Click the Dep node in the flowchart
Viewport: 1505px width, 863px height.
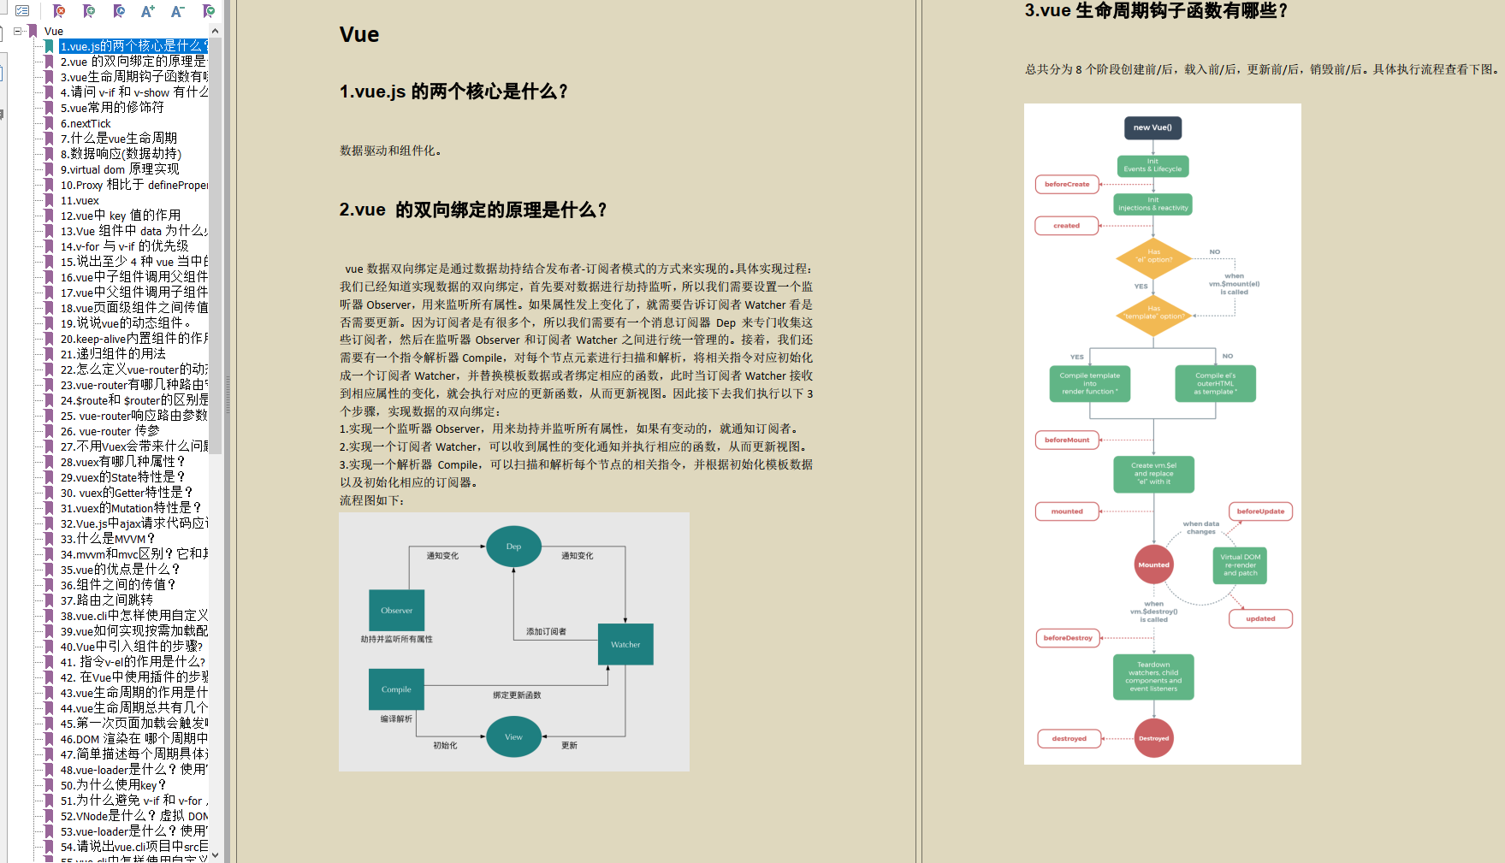click(x=513, y=547)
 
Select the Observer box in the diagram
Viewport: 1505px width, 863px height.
click(x=396, y=611)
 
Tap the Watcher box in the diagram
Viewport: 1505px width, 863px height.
click(x=625, y=645)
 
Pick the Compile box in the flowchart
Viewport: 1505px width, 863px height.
click(x=396, y=689)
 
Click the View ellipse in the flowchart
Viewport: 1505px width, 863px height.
click(x=513, y=737)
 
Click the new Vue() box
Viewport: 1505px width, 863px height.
click(x=1152, y=127)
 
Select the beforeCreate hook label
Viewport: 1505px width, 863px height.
click(x=1067, y=185)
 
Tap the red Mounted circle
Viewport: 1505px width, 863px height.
click(x=1153, y=565)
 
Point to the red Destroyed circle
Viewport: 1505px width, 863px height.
click(x=1153, y=739)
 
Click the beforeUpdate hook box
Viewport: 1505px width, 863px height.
click(x=1260, y=511)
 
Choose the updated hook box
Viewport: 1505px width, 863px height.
click(x=1260, y=618)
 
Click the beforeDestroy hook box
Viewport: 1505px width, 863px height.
click(x=1068, y=638)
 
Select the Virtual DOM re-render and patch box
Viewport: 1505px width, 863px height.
click(x=1240, y=565)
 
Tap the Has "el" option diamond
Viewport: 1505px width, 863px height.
click(x=1153, y=256)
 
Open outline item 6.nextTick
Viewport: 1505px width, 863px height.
click(x=86, y=123)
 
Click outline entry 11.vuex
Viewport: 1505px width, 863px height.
click(x=80, y=200)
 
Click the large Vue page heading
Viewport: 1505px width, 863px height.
click(x=359, y=35)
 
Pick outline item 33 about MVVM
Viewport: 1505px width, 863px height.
click(x=107, y=539)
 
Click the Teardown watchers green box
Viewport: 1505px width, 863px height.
click(x=1153, y=677)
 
